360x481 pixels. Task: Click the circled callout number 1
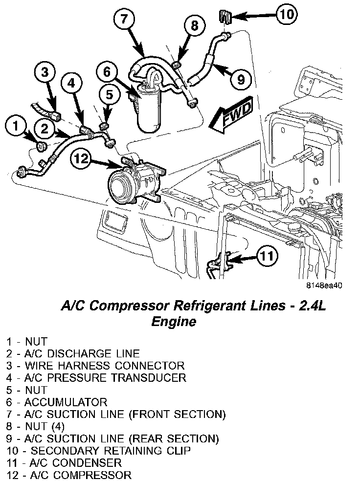point(15,128)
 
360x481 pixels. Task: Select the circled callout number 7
point(124,19)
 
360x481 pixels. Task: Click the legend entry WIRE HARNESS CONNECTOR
point(96,366)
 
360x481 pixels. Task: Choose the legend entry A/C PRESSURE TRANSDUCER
point(97,378)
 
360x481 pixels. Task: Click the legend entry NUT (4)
point(39,426)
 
